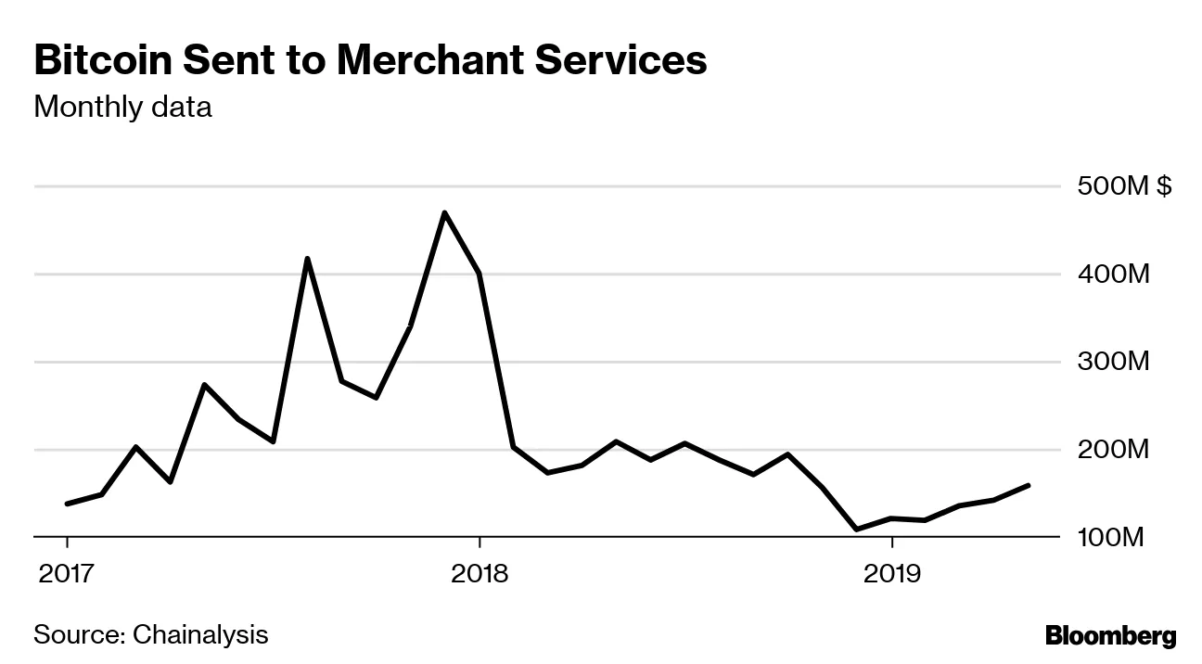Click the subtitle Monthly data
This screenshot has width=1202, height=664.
[x=122, y=108]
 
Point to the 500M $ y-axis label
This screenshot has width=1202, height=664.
[x=1124, y=187]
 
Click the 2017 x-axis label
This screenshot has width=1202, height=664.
[x=67, y=574]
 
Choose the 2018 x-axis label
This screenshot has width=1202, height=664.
[x=479, y=574]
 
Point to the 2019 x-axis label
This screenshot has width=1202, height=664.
[x=891, y=574]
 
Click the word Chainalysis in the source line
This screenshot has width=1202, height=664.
[x=200, y=635]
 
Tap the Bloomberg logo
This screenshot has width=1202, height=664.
[x=1110, y=636]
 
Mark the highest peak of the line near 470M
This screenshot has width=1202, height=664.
[x=445, y=213]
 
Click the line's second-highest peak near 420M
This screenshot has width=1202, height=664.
[x=307, y=259]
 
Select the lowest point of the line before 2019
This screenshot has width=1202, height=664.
[x=856, y=530]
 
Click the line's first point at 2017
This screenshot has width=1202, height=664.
[x=67, y=504]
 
